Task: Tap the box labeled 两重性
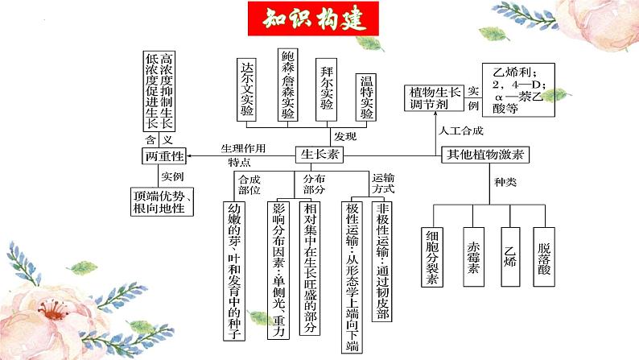(163, 155)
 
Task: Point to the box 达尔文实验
(248, 89)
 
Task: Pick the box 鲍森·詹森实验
(288, 85)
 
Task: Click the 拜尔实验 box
(326, 89)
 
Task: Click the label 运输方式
(383, 182)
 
